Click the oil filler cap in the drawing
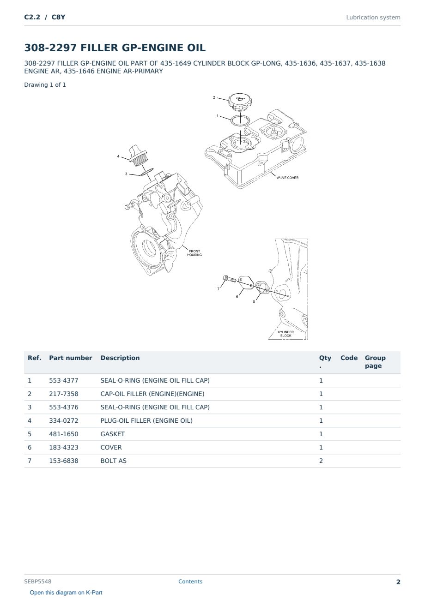point(240,102)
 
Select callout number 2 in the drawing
point(214,97)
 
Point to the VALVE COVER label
point(287,178)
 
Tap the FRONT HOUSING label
point(194,253)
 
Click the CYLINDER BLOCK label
point(285,334)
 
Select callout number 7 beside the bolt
point(218,289)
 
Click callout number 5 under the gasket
point(254,301)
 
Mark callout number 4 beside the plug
point(118,156)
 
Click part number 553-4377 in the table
point(64,380)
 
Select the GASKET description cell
point(113,434)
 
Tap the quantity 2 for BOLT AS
point(321,461)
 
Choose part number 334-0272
point(64,420)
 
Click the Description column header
point(120,358)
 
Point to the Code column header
point(349,358)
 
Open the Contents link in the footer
point(190,582)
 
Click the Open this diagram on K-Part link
point(66,593)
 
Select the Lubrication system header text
point(373,18)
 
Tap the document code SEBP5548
point(38,582)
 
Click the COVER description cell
point(111,447)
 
